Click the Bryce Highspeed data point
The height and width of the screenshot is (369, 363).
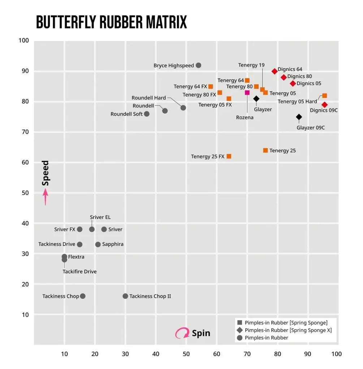click(x=198, y=65)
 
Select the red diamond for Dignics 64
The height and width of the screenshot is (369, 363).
click(x=275, y=71)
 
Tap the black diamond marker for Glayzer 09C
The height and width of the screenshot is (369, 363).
click(x=299, y=117)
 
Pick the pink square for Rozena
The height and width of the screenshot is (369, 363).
click(x=247, y=93)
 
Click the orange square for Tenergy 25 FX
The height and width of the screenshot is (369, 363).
click(x=229, y=156)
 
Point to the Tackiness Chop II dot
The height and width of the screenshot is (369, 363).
click(x=125, y=296)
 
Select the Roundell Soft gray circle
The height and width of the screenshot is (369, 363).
click(x=147, y=114)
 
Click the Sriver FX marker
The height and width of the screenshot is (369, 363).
click(x=80, y=230)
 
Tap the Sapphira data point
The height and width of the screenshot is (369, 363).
click(x=98, y=245)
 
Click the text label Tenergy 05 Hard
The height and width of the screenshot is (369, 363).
click(x=297, y=102)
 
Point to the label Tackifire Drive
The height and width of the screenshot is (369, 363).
click(x=79, y=272)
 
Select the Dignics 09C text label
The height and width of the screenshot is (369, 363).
click(x=324, y=110)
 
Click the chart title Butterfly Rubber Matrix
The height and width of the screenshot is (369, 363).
click(x=112, y=22)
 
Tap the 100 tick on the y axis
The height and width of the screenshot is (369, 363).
click(x=23, y=41)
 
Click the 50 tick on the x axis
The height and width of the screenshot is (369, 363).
click(x=186, y=354)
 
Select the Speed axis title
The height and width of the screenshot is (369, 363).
click(x=46, y=173)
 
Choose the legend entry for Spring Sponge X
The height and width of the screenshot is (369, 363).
click(x=288, y=330)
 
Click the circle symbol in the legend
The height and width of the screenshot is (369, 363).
click(x=240, y=338)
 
